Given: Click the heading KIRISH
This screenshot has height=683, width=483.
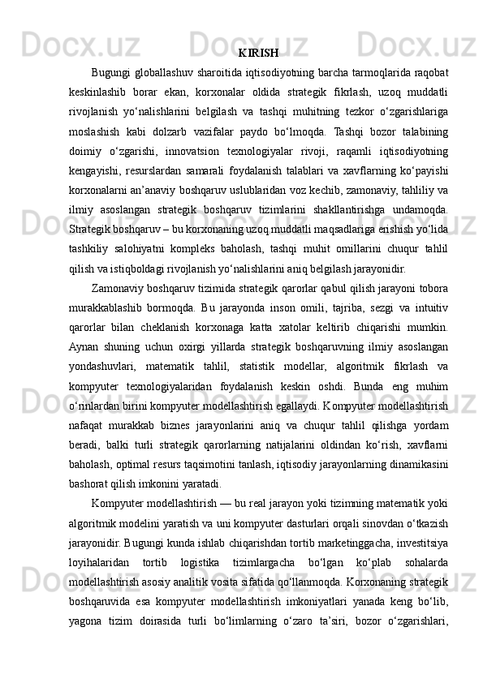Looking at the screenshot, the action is click(260, 54).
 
